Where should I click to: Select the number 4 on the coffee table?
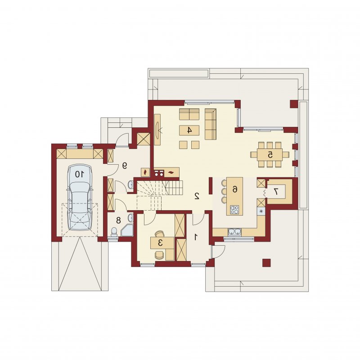point(189,130)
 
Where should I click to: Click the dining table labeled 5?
point(270,155)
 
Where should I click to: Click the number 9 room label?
point(124,166)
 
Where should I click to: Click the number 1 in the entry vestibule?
point(196,237)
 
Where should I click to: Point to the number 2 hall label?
point(197,196)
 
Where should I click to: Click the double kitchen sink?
point(234,232)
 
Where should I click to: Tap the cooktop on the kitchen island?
point(234,209)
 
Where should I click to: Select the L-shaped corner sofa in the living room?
point(211,124)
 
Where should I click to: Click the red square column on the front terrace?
point(266,263)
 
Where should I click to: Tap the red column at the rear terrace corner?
point(294,104)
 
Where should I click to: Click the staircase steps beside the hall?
point(160,195)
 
